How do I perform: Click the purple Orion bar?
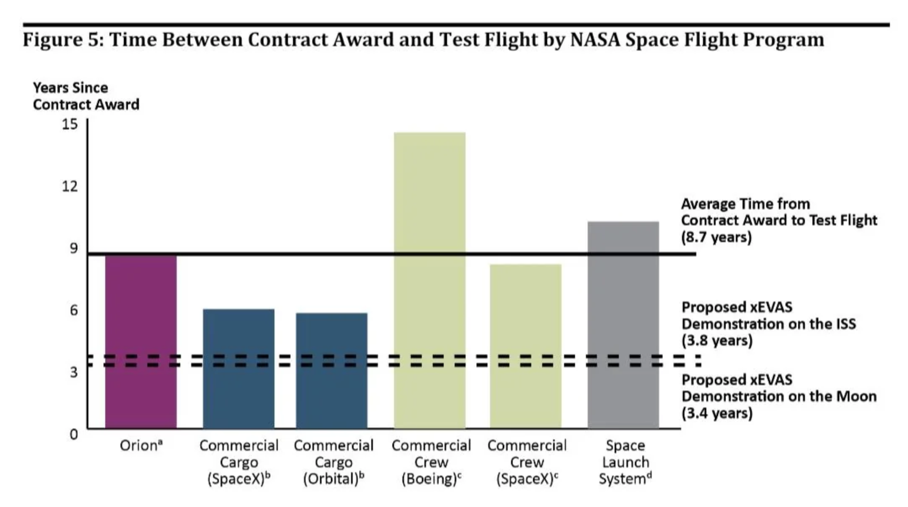(x=141, y=341)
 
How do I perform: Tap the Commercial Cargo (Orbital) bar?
(x=331, y=370)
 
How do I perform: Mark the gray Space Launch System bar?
(x=623, y=324)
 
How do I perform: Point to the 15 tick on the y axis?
(x=70, y=124)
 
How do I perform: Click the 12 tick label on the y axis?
(x=70, y=186)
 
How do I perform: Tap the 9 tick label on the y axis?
(x=74, y=248)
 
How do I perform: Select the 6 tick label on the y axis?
(x=74, y=310)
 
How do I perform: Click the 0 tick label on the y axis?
(x=74, y=434)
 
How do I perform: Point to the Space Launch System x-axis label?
(x=625, y=462)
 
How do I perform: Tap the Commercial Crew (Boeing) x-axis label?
(x=431, y=462)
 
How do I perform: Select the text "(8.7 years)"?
(x=716, y=237)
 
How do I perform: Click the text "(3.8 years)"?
(x=716, y=340)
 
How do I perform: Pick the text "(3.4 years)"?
(x=716, y=413)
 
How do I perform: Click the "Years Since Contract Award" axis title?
(x=86, y=96)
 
